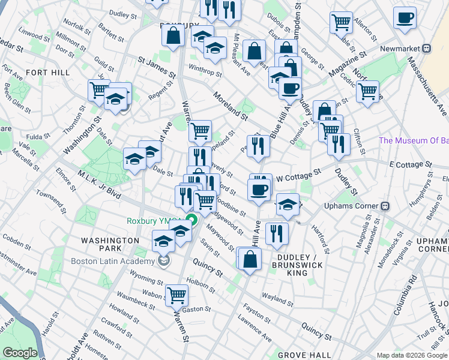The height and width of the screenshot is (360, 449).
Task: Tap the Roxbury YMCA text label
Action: coord(154,221)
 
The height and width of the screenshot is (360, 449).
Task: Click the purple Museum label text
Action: coord(414,141)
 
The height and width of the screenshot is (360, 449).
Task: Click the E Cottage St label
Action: coord(411,164)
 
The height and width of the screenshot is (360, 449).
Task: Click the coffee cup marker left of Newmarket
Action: coord(404,16)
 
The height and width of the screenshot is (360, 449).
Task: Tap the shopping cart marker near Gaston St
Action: coord(176,294)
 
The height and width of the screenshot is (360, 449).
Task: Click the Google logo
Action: coord(20,353)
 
